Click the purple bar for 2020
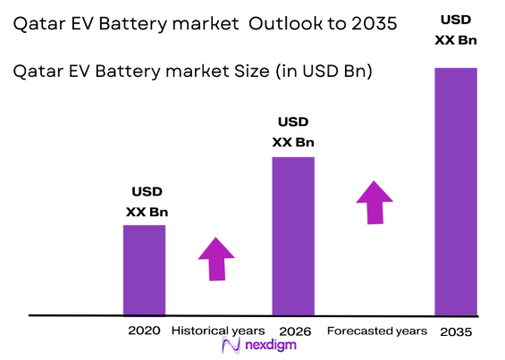pyautogui.click(x=144, y=270)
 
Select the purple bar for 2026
pyautogui.click(x=293, y=236)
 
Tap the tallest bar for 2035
pyautogui.click(x=456, y=191)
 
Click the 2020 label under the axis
pyautogui.click(x=144, y=331)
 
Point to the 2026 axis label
pyautogui.click(x=294, y=331)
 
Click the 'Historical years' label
pyautogui.click(x=218, y=331)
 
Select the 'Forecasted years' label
pyautogui.click(x=376, y=331)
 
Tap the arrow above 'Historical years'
pyautogui.click(x=215, y=259)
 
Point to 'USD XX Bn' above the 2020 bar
pyautogui.click(x=147, y=202)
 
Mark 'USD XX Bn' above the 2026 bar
pyautogui.click(x=293, y=132)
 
